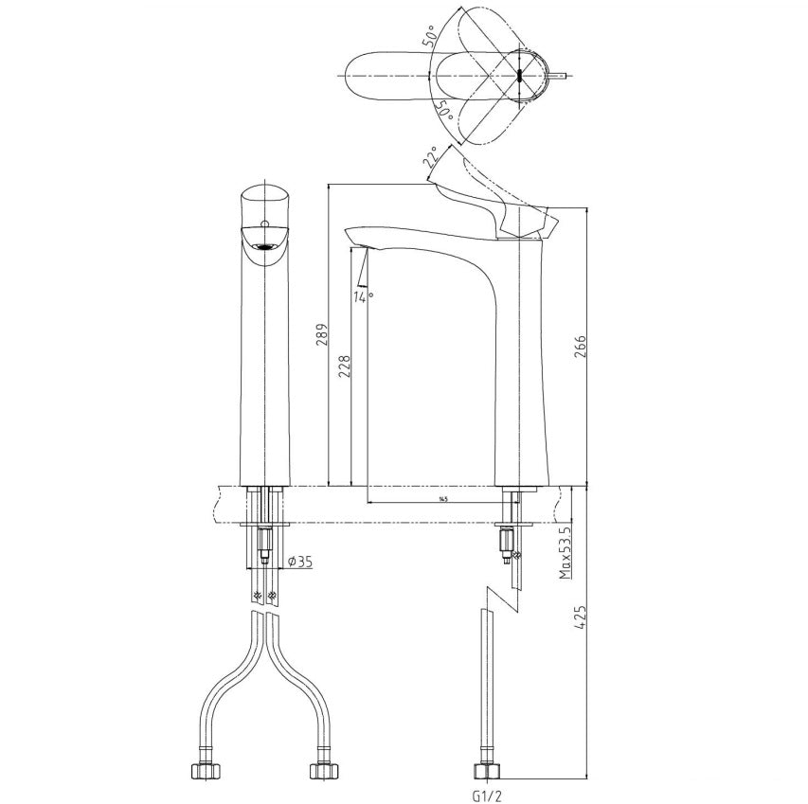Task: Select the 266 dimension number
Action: [x=580, y=348]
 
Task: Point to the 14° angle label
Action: [x=363, y=297]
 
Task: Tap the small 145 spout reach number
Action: [x=443, y=498]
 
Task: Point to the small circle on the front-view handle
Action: [x=266, y=225]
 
